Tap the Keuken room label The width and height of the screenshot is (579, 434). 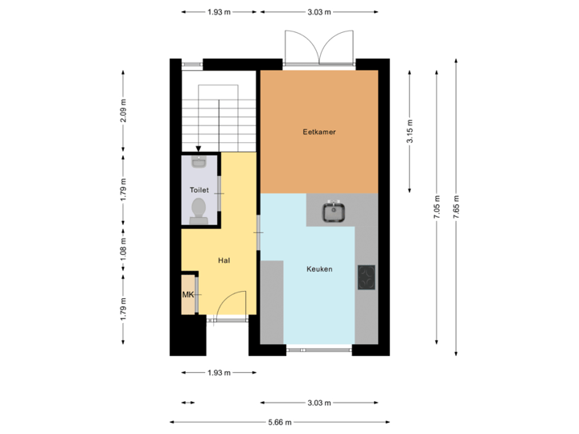pyautogui.click(x=319, y=269)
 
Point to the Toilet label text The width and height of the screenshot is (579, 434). pyautogui.click(x=199, y=190)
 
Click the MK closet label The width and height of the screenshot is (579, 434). pyautogui.click(x=188, y=295)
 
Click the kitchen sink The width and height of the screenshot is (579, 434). pyautogui.click(x=333, y=212)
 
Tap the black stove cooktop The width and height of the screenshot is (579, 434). pyautogui.click(x=367, y=277)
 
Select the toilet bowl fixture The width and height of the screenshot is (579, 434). pyautogui.click(x=199, y=210)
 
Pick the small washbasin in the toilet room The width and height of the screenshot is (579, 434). pyautogui.click(x=199, y=163)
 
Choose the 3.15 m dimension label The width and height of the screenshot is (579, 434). pyautogui.click(x=410, y=133)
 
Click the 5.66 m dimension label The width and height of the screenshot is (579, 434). pyautogui.click(x=279, y=422)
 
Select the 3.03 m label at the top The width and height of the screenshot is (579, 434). pyautogui.click(x=318, y=12)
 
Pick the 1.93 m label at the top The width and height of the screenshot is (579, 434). pyautogui.click(x=219, y=12)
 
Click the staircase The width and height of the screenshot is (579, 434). pyautogui.click(x=217, y=113)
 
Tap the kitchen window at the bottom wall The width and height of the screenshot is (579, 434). pyautogui.click(x=319, y=350)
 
